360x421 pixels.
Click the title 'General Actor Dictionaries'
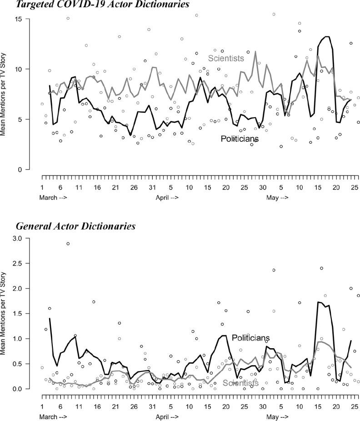click(x=75, y=226)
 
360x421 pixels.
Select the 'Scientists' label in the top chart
click(x=226, y=58)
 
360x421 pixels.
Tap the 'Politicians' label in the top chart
click(x=240, y=138)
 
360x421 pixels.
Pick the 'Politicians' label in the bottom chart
click(x=250, y=338)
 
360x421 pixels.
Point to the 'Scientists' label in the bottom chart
click(x=240, y=383)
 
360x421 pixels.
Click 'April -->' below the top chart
click(x=167, y=197)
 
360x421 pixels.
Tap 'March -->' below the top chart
click(x=54, y=197)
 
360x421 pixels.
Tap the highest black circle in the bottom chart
click(x=68, y=244)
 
